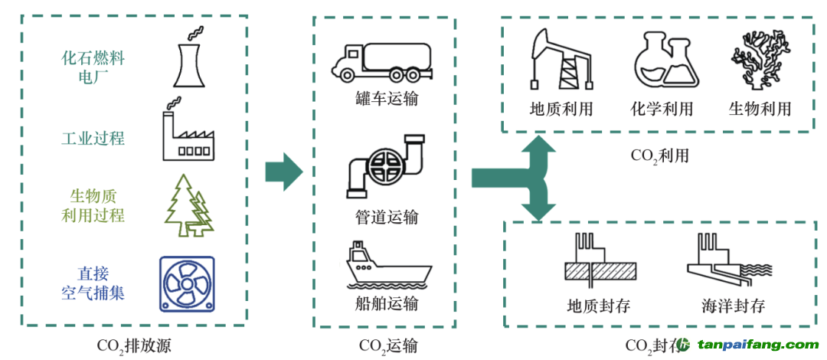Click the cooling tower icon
click(188, 57)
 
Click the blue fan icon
click(187, 283)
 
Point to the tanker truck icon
click(381, 62)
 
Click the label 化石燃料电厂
click(93, 67)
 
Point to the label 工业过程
click(93, 139)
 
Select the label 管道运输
click(387, 217)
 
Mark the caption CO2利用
click(659, 155)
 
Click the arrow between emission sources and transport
click(284, 172)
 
